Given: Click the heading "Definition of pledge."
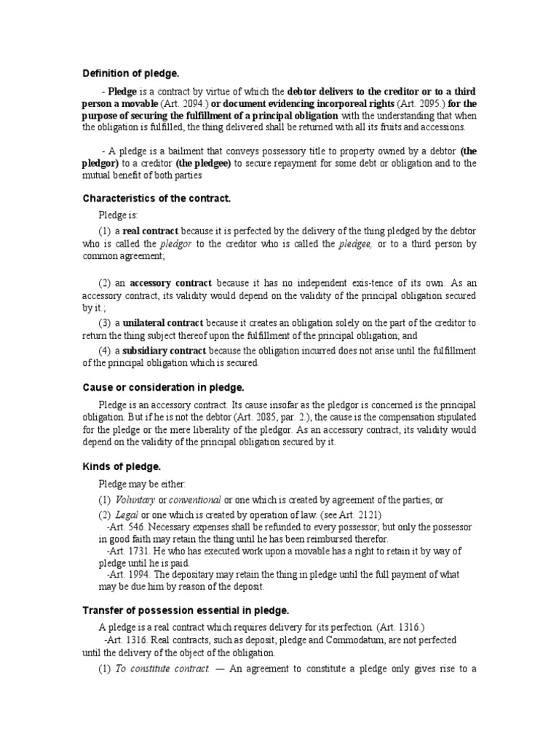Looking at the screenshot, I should coord(130,73).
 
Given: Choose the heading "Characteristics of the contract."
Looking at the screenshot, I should coord(156,198).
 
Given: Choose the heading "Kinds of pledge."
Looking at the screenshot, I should coord(122,465).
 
